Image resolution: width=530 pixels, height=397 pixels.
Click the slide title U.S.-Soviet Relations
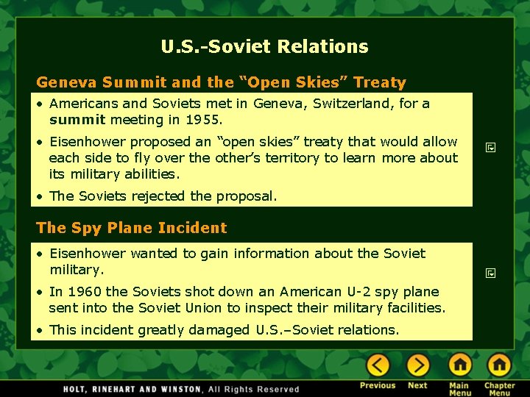[x=264, y=47]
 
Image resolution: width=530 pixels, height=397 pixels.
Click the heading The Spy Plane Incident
[x=131, y=228]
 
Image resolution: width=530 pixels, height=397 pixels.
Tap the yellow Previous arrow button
[x=378, y=365]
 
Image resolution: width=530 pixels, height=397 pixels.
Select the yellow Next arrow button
[x=417, y=365]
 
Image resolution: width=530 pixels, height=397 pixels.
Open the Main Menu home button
[x=459, y=365]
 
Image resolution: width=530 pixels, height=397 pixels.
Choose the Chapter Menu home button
[x=499, y=365]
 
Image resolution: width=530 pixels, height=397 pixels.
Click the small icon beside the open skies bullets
[x=490, y=148]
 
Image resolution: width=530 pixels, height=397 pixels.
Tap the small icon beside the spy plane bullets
[x=490, y=273]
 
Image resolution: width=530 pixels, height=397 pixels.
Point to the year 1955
[x=203, y=119]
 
